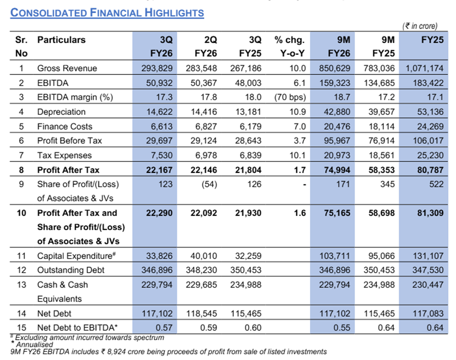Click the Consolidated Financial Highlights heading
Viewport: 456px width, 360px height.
pyautogui.click(x=107, y=13)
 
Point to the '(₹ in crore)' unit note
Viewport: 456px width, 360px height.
pyautogui.click(x=419, y=26)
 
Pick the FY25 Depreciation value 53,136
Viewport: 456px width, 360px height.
pyautogui.click(x=429, y=112)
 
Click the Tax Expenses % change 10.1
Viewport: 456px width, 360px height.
pyautogui.click(x=297, y=155)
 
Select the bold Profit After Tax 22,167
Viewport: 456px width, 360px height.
pyautogui.click(x=159, y=170)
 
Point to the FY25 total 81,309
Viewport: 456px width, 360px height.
pyautogui.click(x=429, y=213)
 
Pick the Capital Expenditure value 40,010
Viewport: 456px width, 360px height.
pyautogui.click(x=203, y=256)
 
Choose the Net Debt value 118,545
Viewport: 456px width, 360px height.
pyautogui.click(x=203, y=314)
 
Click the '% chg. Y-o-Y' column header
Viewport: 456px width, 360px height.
pyautogui.click(x=290, y=47)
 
